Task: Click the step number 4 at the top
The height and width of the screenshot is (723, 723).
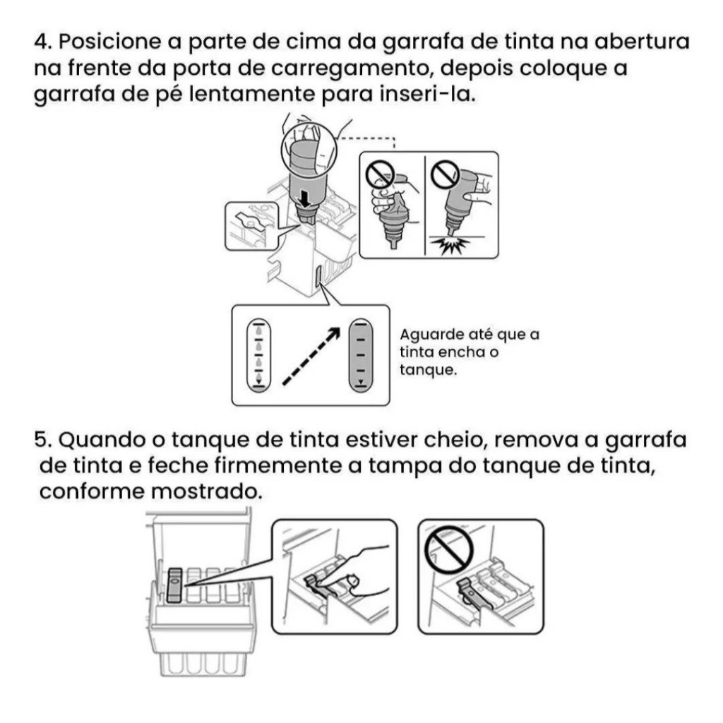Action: point(42,42)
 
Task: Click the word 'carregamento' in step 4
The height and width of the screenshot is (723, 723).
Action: point(352,68)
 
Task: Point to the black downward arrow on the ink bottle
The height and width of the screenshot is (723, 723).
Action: point(304,199)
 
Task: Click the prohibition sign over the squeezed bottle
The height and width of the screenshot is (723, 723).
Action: point(380,175)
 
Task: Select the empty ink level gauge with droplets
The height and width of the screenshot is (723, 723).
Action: point(259,356)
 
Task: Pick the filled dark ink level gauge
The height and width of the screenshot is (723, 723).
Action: point(361,356)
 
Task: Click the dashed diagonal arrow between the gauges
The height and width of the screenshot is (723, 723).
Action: point(311,356)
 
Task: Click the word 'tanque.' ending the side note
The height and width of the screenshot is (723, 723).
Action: point(429,370)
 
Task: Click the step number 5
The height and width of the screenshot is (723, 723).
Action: point(43,440)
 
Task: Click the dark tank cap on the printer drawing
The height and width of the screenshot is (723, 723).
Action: point(175,585)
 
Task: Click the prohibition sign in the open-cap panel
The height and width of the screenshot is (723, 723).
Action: point(449,551)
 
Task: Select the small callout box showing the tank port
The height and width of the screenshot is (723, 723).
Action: point(252,227)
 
